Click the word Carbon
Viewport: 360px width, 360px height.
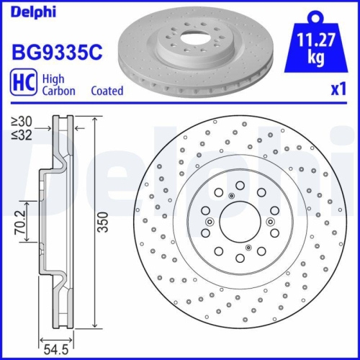(x=60, y=91)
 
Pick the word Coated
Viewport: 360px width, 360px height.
(x=107, y=91)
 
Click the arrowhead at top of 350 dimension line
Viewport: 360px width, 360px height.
(x=94, y=119)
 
